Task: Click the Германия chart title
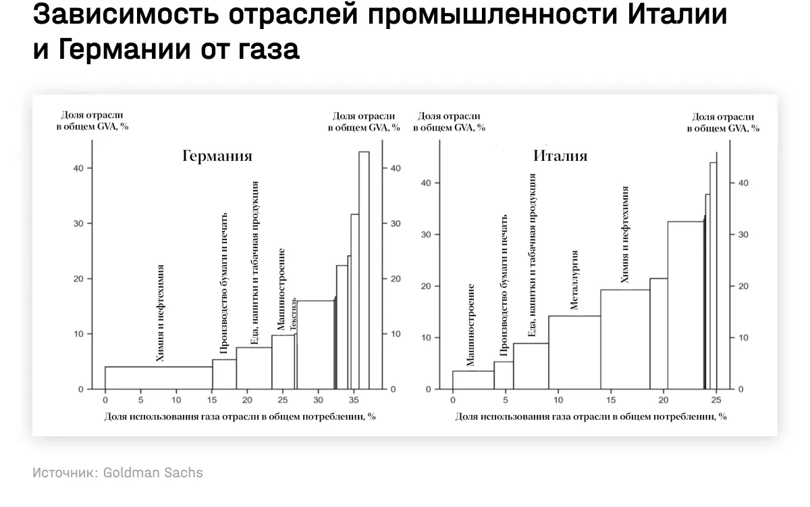point(217,156)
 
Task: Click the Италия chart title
point(560,156)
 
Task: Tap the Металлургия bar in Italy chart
point(574,352)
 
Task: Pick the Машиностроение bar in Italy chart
point(473,380)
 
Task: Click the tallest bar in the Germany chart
point(364,270)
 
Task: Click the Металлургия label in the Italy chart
point(574,280)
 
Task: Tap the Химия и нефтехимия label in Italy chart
point(625,235)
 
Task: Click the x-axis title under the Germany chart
point(240,416)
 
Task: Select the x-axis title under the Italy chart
point(591,416)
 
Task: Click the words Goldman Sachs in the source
point(153,473)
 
